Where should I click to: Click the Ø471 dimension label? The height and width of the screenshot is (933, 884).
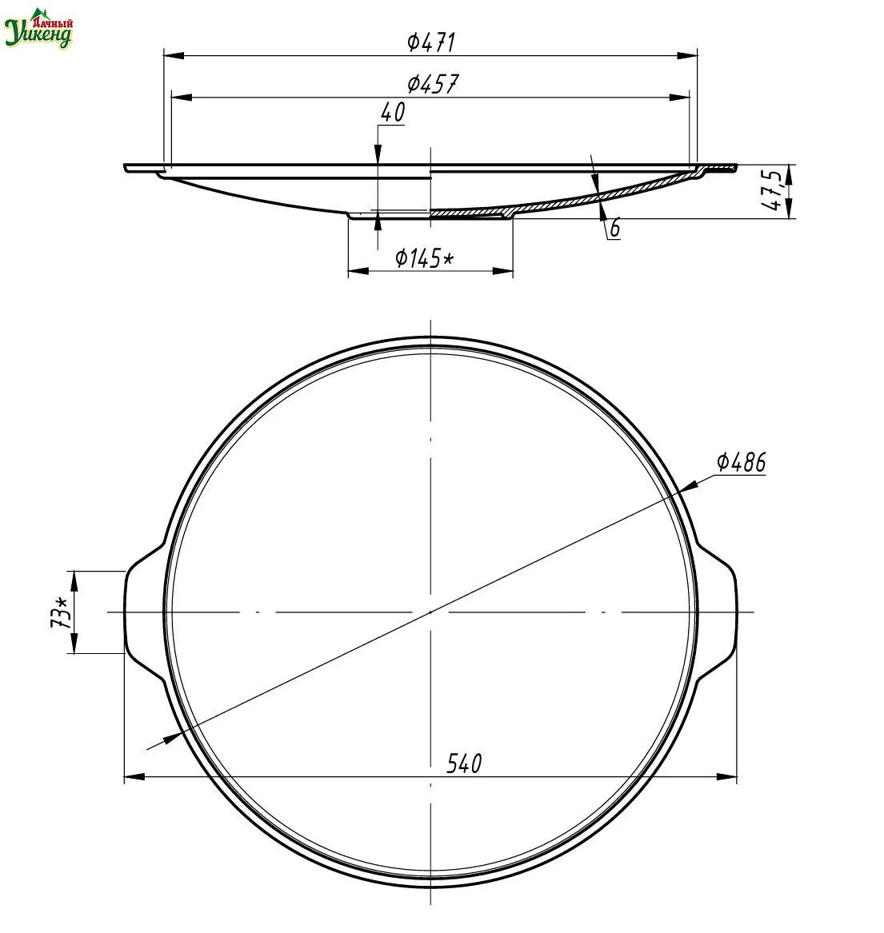click(x=431, y=42)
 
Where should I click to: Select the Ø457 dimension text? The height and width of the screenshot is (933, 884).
click(x=433, y=84)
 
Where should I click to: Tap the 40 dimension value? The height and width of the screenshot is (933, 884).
click(x=392, y=112)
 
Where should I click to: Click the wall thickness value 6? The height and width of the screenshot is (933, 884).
click(x=615, y=227)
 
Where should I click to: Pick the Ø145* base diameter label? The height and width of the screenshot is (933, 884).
click(x=425, y=258)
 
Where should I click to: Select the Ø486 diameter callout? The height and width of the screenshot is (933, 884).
click(x=741, y=462)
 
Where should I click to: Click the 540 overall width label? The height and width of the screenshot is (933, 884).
click(x=464, y=764)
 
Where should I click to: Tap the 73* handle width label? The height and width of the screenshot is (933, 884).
click(x=61, y=613)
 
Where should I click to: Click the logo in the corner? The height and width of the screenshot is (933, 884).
click(x=39, y=28)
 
